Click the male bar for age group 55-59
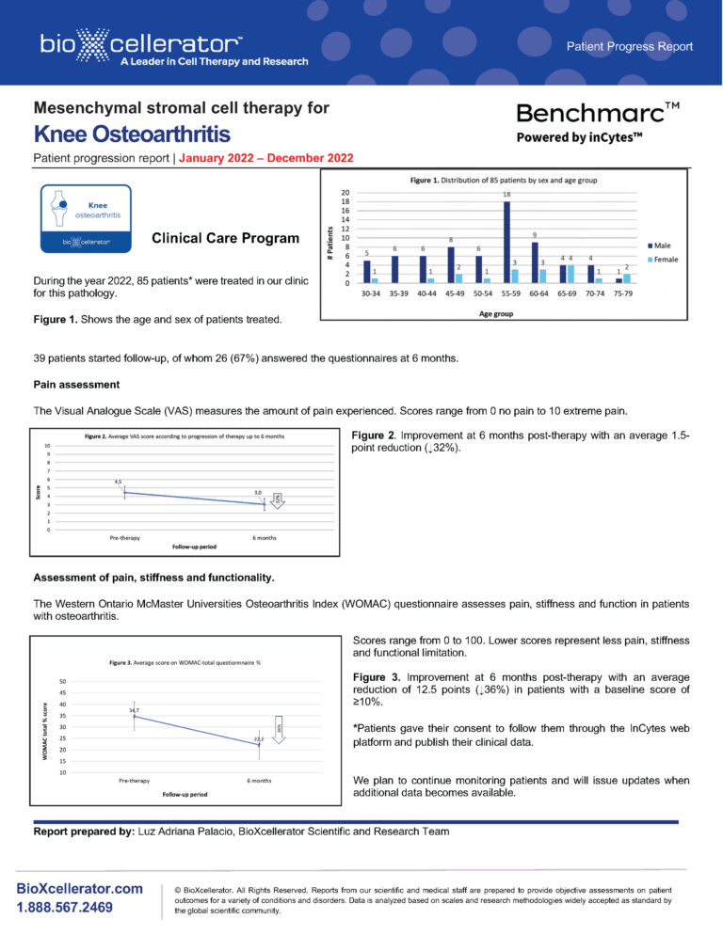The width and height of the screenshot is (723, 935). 506,242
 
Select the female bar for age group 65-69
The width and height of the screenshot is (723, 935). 570,274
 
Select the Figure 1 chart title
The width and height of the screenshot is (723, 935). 504,180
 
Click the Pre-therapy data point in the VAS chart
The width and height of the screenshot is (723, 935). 124,493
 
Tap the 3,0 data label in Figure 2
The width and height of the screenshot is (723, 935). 258,493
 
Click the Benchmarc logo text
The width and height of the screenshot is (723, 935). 600,115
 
